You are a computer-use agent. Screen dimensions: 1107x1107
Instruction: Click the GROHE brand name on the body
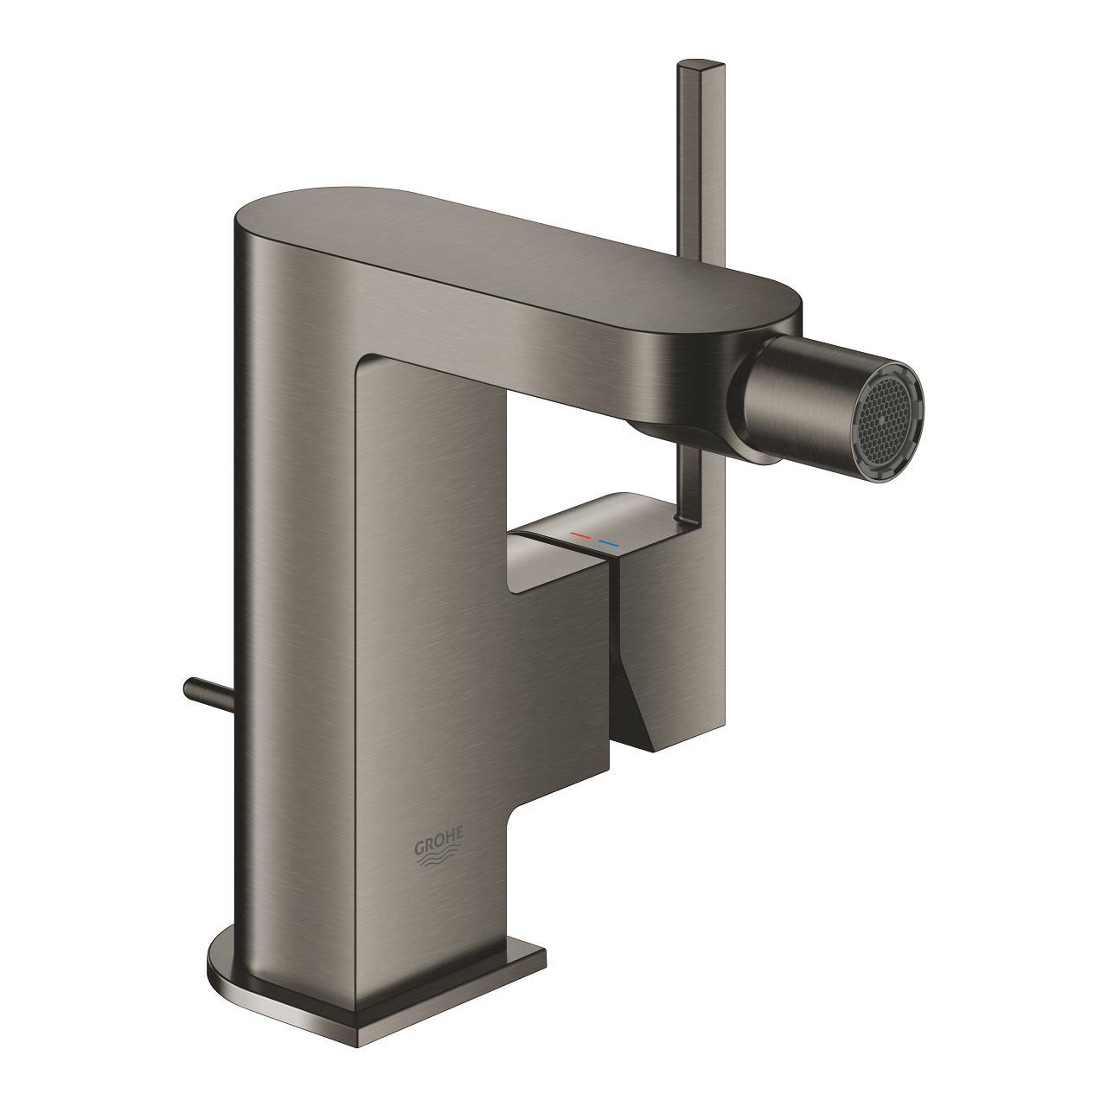pyautogui.click(x=440, y=836)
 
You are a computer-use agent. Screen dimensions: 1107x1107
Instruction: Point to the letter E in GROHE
pyautogui.click(x=461, y=831)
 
